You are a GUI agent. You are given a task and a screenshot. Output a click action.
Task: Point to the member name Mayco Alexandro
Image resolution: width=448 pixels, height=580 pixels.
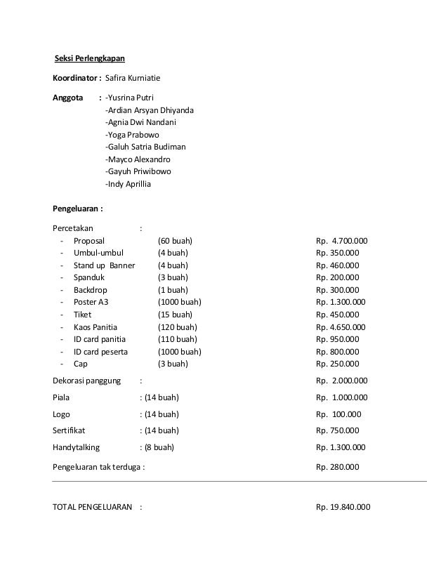point(137,159)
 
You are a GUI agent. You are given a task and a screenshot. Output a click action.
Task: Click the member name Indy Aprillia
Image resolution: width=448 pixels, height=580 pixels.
point(128,185)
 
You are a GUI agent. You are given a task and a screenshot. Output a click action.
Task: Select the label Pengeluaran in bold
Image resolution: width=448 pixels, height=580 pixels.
point(78,209)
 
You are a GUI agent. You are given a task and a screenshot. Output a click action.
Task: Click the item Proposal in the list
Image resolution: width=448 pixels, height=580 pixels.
point(91,241)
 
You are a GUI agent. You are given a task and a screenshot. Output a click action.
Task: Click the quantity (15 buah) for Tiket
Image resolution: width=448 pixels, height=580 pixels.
point(176,315)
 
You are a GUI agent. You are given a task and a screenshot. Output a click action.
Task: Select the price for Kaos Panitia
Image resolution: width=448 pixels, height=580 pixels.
point(341,327)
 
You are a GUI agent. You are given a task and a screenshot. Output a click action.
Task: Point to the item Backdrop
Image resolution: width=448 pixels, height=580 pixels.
point(91,290)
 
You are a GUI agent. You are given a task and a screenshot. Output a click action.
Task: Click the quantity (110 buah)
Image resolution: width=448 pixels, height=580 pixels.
point(178,339)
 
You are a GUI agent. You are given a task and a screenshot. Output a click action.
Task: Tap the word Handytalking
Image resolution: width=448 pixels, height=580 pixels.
point(77,447)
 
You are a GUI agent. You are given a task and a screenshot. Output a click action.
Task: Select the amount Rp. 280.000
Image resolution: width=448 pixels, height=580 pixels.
point(338,466)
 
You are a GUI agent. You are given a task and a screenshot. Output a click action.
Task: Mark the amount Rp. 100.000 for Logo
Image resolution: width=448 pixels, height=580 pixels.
point(338,414)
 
